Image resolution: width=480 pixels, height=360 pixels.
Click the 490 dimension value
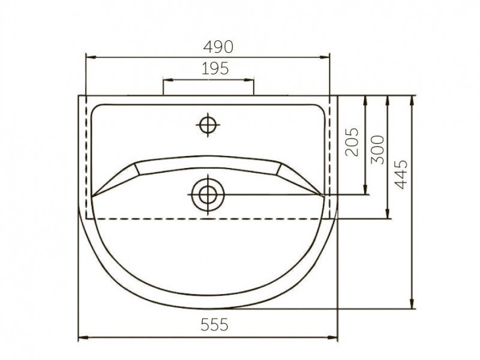[x=218, y=47]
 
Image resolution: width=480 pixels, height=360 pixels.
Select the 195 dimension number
[x=215, y=68]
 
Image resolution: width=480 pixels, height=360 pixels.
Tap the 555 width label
[x=214, y=325]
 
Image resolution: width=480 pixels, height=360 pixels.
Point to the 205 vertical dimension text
[x=352, y=142]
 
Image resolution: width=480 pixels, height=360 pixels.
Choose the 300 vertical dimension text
[x=377, y=149]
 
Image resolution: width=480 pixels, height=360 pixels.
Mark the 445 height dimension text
[x=401, y=174]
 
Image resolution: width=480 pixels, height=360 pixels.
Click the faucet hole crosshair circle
[x=208, y=125]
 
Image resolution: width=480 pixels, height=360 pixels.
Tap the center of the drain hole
[x=208, y=194]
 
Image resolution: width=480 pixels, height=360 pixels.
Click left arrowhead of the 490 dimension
[x=91, y=57]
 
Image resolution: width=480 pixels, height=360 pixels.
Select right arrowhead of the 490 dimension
[x=325, y=57]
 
